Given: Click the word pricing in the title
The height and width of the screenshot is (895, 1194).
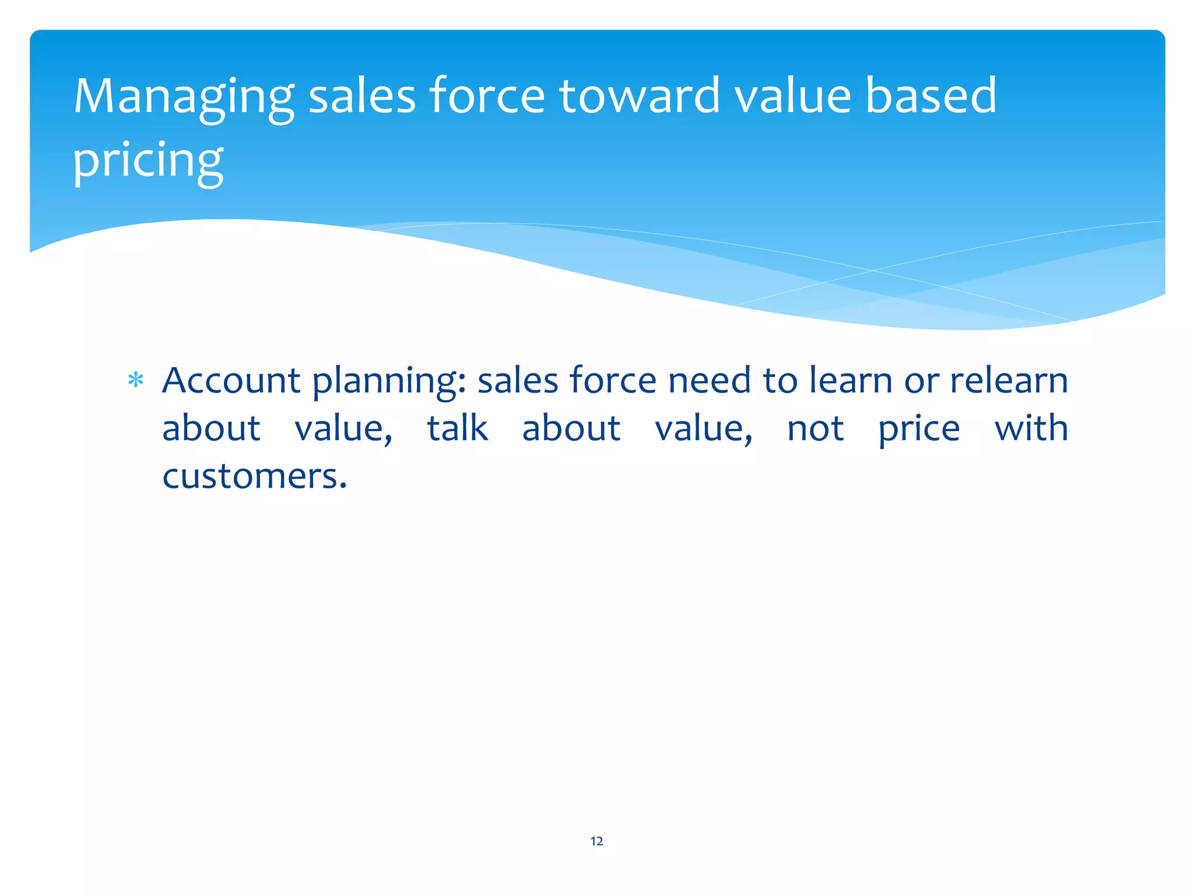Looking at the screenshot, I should [x=148, y=160].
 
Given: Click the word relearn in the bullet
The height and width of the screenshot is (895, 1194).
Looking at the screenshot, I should [x=1009, y=380].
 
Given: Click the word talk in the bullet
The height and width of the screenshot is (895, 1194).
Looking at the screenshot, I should [x=458, y=428].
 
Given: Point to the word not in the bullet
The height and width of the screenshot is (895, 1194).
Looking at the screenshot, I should [x=815, y=428].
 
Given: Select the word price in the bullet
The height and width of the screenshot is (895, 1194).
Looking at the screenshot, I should [x=919, y=429].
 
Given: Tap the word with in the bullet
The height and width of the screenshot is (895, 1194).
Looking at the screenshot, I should [x=1031, y=428].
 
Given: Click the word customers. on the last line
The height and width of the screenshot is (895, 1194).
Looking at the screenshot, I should [x=255, y=476].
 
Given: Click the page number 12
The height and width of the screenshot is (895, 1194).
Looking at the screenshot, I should [x=596, y=841].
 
